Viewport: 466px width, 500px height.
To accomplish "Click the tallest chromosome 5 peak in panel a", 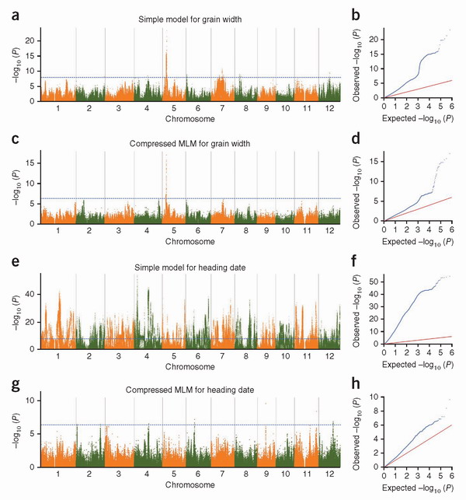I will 165,31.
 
